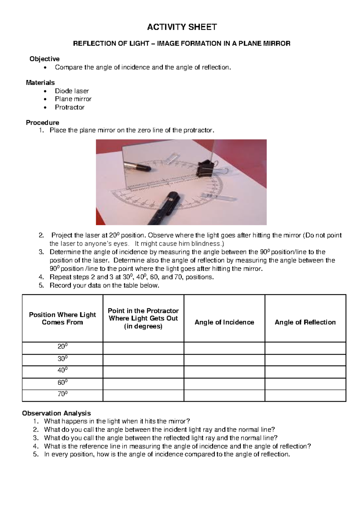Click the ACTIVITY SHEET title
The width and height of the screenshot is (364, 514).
tap(182, 27)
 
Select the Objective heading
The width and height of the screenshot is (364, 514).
tap(44, 59)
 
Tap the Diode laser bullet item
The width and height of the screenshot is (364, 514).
tap(72, 91)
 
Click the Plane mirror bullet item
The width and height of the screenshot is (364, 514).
tap(73, 99)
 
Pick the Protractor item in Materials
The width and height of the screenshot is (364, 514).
tap(69, 107)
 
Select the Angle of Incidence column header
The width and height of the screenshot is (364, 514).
tap(224, 322)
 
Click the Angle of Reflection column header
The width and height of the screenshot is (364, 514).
tap(305, 322)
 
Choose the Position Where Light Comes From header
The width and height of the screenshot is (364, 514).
tap(62, 319)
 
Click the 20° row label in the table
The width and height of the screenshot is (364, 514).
tap(62, 346)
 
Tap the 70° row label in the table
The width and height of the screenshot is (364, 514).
tap(62, 394)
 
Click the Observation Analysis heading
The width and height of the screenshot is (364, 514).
tap(56, 413)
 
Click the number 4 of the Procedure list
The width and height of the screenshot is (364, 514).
tap(41, 277)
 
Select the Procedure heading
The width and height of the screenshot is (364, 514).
tap(42, 122)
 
